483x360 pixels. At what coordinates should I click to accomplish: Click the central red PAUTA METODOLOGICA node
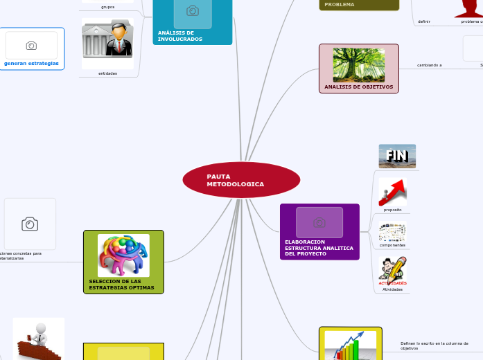click(241, 180)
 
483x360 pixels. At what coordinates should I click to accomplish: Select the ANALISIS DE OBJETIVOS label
click(358, 87)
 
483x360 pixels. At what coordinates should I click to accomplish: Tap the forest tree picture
click(359, 64)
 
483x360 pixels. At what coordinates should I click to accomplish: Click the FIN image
click(397, 156)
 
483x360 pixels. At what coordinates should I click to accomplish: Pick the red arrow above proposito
click(392, 191)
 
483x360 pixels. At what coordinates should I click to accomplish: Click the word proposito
click(392, 210)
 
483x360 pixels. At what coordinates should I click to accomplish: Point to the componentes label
click(392, 246)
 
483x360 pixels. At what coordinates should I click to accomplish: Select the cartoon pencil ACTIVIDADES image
click(392, 269)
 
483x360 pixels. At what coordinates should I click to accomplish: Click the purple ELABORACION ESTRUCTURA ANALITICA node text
click(319, 248)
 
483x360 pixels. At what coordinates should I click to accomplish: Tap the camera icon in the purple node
click(319, 222)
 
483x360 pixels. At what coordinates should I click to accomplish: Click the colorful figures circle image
click(123, 255)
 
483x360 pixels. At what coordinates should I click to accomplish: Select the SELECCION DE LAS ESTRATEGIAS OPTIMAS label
click(115, 284)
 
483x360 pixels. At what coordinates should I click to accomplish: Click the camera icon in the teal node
click(193, 11)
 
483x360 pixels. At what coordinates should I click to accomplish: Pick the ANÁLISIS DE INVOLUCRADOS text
click(180, 36)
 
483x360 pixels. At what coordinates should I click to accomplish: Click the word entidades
click(107, 73)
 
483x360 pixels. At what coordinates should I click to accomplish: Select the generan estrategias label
click(31, 63)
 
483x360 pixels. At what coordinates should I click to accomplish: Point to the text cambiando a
click(430, 65)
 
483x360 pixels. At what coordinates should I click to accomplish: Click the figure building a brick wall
click(38, 339)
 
